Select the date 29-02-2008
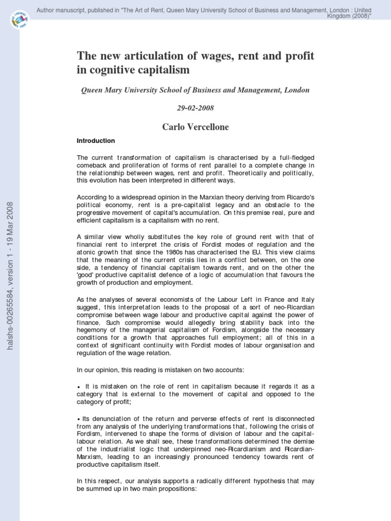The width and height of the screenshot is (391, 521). coord(195,108)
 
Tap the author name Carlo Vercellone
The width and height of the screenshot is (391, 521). coord(195,127)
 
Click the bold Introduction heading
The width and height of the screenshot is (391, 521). coord(96,140)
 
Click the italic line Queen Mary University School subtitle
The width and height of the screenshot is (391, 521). coord(195,90)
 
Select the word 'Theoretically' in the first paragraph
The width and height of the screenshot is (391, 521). coord(251,173)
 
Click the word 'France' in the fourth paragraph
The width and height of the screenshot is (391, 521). coord(272,299)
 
